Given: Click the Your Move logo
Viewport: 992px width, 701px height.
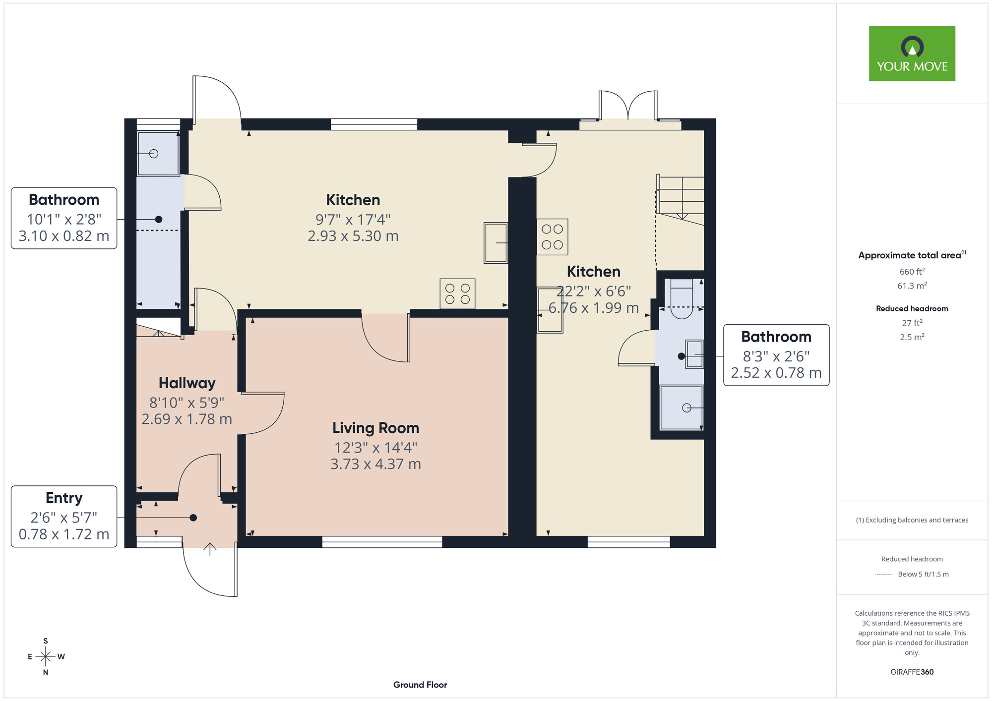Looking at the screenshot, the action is tap(912, 54).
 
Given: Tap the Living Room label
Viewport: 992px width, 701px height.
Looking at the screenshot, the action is tap(375, 428).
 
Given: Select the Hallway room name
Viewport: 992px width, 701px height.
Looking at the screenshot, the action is tap(187, 383).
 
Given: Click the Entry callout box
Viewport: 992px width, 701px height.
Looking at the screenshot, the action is tap(64, 516).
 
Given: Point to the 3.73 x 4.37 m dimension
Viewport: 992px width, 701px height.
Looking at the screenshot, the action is tap(375, 464).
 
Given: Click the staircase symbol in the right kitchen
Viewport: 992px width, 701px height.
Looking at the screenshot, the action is tap(680, 198).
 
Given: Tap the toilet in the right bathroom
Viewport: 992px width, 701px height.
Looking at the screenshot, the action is tap(682, 298).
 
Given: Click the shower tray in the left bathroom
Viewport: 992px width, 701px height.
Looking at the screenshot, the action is tap(158, 153).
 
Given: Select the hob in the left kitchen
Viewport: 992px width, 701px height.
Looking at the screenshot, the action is tap(457, 293).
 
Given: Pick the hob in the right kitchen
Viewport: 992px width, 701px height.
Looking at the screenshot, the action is tap(552, 237).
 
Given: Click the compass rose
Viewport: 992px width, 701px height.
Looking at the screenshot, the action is tap(46, 657).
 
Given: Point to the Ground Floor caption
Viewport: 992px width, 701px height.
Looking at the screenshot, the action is tap(420, 685).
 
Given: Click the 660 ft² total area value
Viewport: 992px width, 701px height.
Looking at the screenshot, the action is tap(912, 271).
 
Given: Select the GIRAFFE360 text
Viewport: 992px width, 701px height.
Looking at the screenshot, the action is tap(912, 672).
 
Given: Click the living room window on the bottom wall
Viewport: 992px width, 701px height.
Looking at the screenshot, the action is tap(382, 542).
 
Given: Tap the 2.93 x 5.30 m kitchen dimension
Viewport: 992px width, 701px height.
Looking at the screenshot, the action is tap(353, 236).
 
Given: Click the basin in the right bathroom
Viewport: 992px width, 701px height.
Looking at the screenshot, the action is tap(694, 354).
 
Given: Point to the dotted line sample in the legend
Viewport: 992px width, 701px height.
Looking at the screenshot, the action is tap(884, 575).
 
